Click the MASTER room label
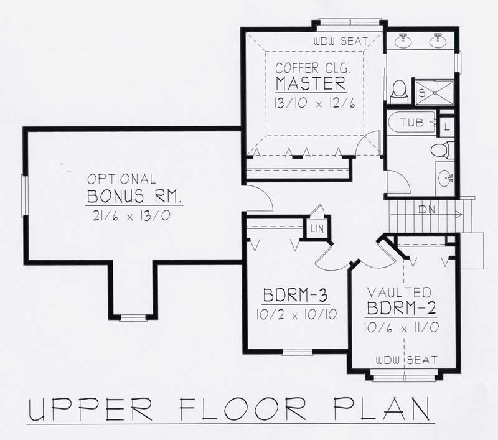(x=309, y=83)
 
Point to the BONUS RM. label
(x=134, y=197)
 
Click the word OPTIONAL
(x=121, y=179)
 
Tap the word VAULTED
(x=398, y=292)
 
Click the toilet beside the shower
(x=399, y=92)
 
